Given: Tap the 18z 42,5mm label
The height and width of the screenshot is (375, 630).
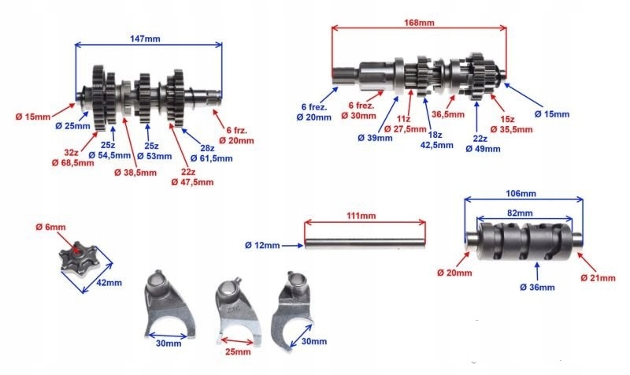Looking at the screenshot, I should point(432,140).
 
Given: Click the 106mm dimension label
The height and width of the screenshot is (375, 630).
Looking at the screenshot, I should point(523,193).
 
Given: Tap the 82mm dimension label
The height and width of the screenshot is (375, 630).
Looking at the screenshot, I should point(523,213).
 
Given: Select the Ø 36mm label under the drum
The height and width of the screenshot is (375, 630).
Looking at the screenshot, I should point(539,287).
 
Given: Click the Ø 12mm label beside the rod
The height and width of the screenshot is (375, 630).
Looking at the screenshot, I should point(267,246).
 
